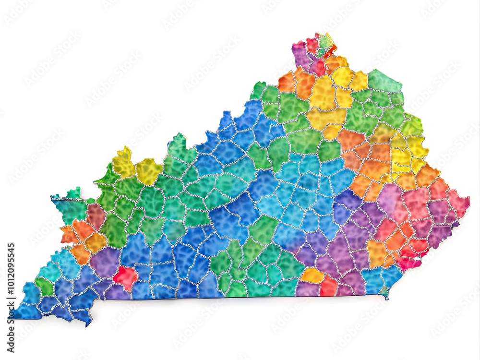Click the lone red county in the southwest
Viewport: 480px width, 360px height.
125,277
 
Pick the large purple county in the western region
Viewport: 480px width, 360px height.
105,262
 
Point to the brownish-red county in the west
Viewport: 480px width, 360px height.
96,216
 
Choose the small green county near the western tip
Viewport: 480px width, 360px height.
45,287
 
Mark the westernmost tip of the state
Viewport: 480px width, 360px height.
14,314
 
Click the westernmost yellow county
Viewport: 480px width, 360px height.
123,163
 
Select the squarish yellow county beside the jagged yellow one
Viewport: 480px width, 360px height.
148,171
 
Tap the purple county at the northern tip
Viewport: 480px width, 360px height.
301,54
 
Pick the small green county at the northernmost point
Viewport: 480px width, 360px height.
326,42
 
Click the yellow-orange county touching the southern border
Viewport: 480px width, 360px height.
312,276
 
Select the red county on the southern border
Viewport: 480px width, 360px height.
329,286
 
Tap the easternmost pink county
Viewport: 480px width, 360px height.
458,202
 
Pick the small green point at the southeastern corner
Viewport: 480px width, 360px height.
384,292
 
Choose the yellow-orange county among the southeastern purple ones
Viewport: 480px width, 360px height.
376,252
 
